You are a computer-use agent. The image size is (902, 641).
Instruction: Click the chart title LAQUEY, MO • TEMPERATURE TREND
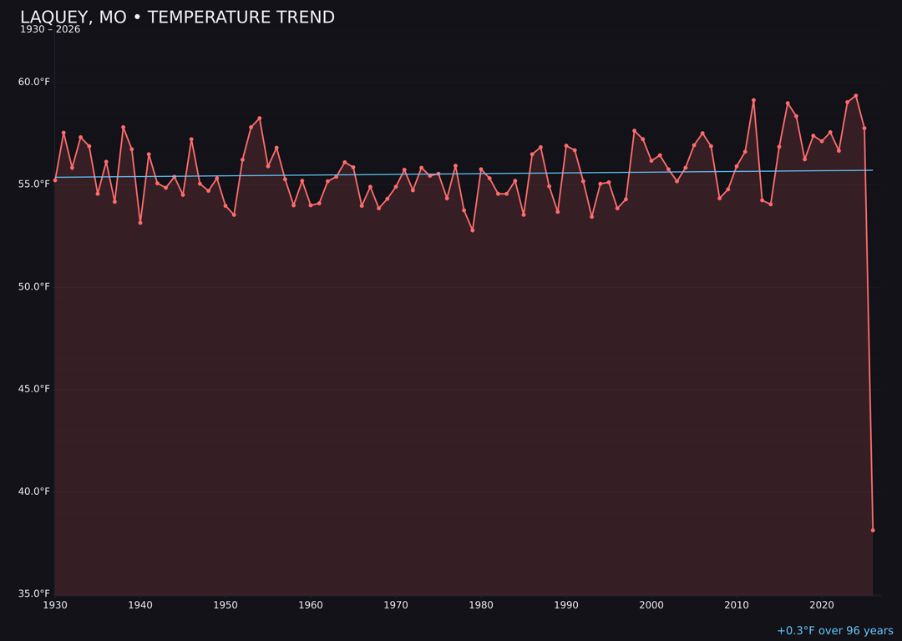click(x=177, y=18)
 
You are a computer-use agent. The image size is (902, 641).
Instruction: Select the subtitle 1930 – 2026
click(x=50, y=30)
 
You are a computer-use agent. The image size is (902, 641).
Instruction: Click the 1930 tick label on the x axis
click(x=55, y=605)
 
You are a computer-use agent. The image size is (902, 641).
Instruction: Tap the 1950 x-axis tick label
click(x=225, y=605)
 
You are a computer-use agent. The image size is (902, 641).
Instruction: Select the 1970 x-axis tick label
click(x=396, y=605)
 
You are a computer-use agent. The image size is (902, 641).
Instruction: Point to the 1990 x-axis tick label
click(x=566, y=605)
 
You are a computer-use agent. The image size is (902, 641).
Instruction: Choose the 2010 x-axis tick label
click(x=737, y=605)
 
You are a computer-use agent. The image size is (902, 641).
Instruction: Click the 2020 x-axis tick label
click(x=822, y=605)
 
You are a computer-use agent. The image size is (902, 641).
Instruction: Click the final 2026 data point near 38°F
click(x=873, y=530)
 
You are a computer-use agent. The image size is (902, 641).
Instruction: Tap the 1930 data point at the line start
click(x=55, y=180)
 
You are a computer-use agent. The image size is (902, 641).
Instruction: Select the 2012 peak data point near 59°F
click(x=753, y=100)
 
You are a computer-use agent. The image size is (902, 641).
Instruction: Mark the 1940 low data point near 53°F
click(x=140, y=223)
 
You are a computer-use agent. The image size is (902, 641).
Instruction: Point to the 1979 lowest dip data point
click(x=473, y=230)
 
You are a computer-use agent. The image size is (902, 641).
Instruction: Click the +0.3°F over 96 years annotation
click(x=834, y=631)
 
